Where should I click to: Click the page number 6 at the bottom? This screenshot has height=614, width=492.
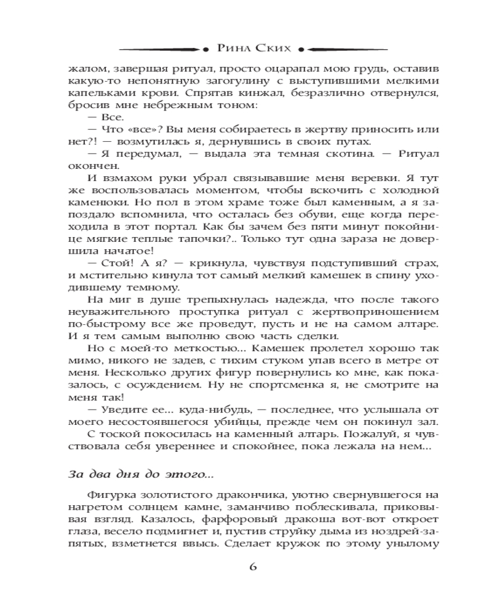click(x=252, y=566)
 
